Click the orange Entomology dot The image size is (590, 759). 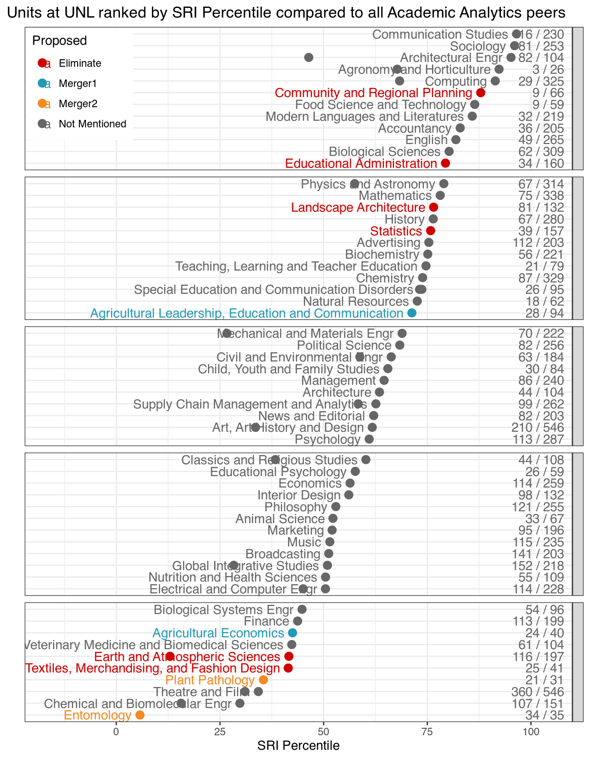point(140,715)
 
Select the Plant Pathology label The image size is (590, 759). point(210,680)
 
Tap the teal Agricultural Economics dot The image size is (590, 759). point(293,633)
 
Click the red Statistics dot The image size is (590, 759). point(431,231)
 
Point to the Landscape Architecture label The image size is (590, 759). point(358,207)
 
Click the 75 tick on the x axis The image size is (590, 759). point(427,732)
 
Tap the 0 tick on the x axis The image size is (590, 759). point(116,732)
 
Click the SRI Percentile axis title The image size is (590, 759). point(299,745)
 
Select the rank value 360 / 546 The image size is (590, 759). point(538,692)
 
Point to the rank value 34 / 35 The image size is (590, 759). point(544,715)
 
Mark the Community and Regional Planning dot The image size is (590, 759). point(481,93)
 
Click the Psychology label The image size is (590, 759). point(327,439)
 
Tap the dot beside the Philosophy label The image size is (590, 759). point(336,507)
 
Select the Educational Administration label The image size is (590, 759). point(361,163)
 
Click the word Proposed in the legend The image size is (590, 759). point(60,40)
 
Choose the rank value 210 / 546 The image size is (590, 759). point(538,427)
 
